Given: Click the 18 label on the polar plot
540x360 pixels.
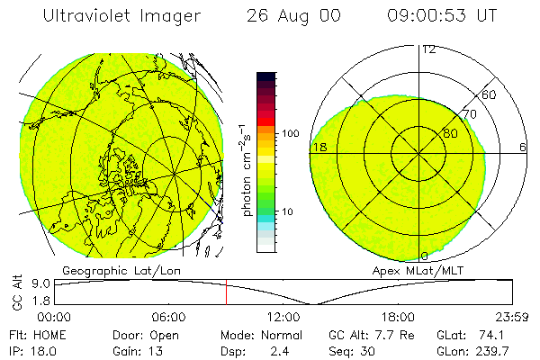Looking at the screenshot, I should [318, 147].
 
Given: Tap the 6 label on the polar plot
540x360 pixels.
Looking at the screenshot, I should [523, 147].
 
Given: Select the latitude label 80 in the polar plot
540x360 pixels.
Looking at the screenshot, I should [450, 133].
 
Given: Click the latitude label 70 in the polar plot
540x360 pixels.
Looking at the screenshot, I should [468, 114].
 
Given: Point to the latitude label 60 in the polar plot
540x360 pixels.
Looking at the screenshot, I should [489, 94].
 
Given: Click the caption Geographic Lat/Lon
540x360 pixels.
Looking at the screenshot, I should [112, 270].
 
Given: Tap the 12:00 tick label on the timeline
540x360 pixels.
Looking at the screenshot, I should [283, 317].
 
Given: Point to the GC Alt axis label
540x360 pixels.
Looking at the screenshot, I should [15, 292].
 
